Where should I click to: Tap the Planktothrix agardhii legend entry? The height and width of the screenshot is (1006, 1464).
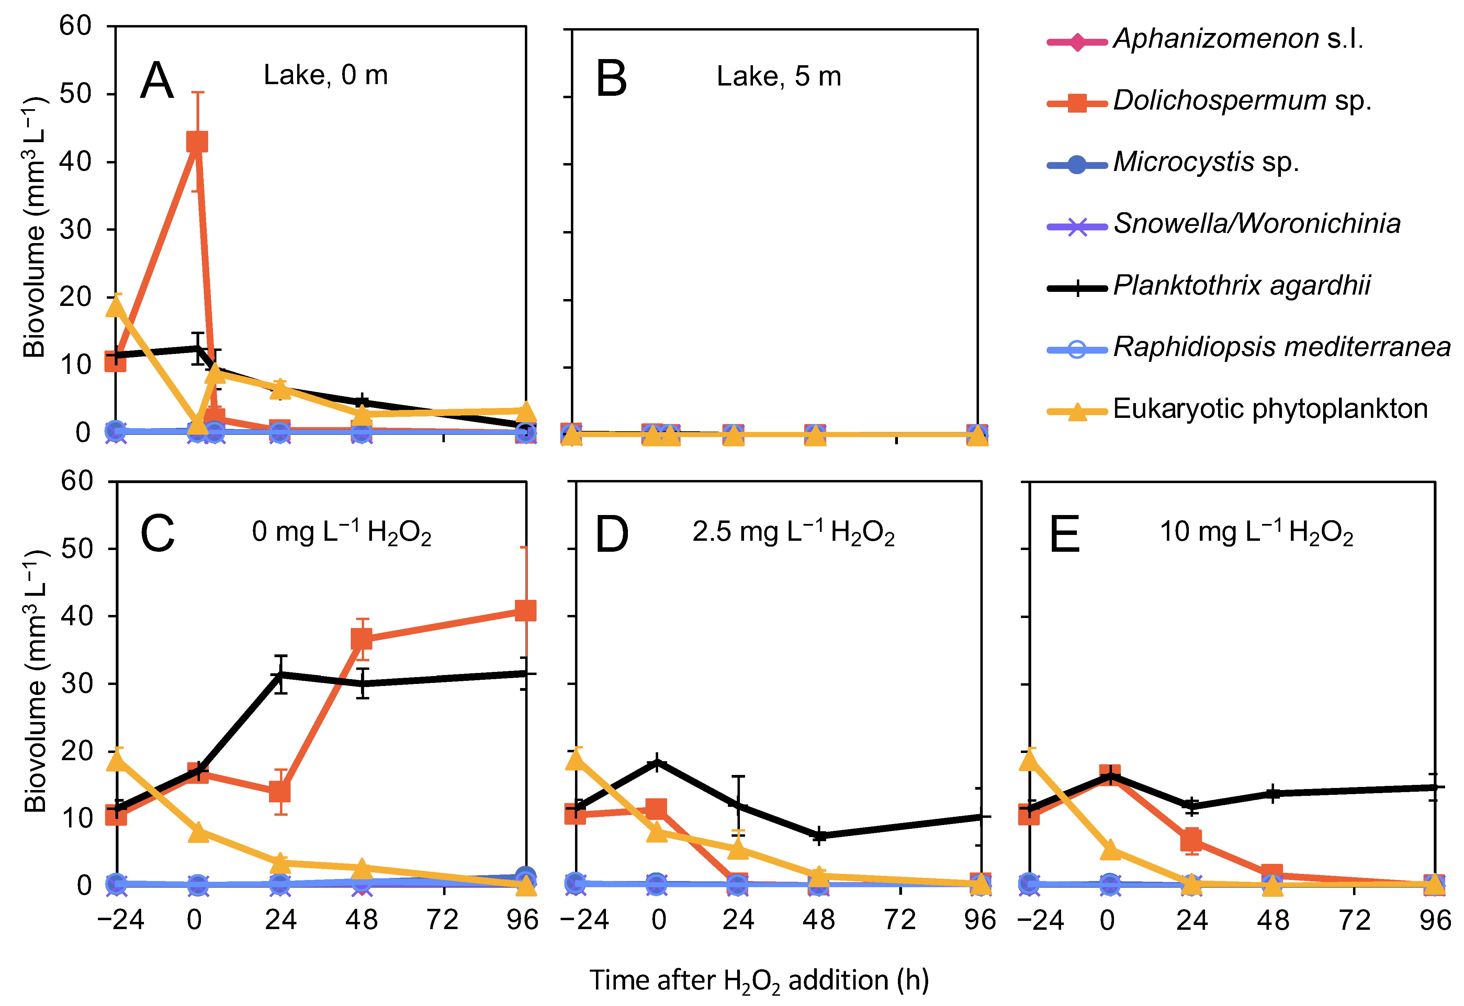[x=1241, y=286]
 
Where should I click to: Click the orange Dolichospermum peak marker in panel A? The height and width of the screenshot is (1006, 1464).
[x=197, y=142]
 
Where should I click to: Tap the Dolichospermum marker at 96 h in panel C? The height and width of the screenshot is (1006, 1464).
[x=525, y=611]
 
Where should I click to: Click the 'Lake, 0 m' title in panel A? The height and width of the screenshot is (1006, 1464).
[x=325, y=76]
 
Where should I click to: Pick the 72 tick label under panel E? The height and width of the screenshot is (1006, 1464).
[x=1354, y=921]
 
